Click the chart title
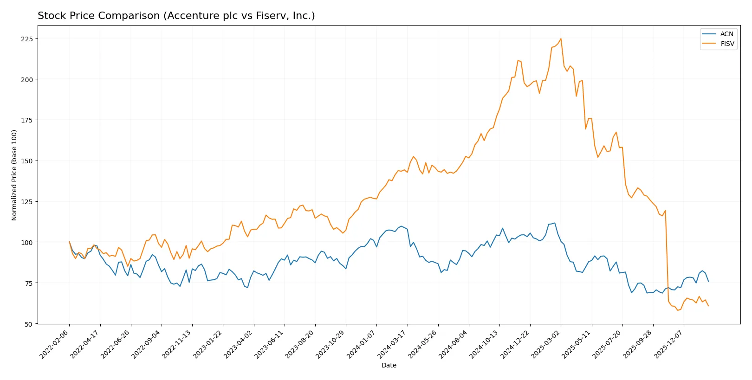(x=176, y=16)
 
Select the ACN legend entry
(x=726, y=34)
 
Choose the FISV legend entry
(x=727, y=44)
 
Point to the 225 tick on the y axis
(x=27, y=39)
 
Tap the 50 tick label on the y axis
(x=29, y=324)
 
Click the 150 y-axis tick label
(x=27, y=161)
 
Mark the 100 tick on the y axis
(x=27, y=242)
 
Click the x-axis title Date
(x=389, y=365)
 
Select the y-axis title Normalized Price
(x=14, y=175)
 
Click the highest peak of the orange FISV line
(x=561, y=39)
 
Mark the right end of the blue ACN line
(x=708, y=281)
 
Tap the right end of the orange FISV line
(x=708, y=306)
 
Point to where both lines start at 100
(x=70, y=242)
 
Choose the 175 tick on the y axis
(x=27, y=120)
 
